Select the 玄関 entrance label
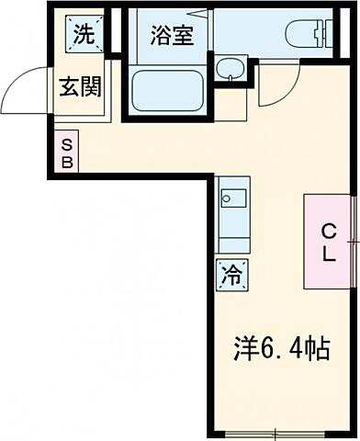pos(81,88)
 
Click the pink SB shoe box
pos(66,153)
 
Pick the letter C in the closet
pos(326,231)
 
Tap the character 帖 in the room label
pos(320,350)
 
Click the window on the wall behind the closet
pos(354,241)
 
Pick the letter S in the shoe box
pos(66,144)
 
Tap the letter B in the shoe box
pos(66,162)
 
